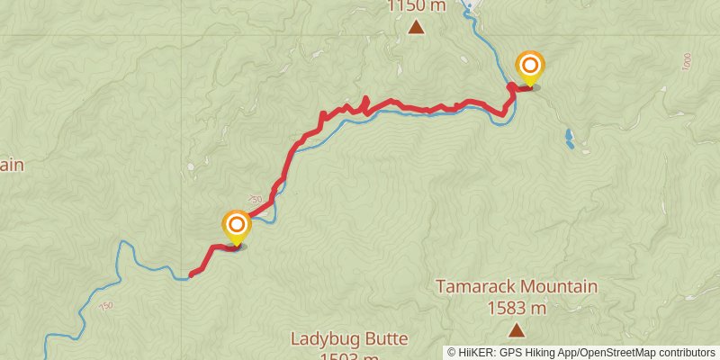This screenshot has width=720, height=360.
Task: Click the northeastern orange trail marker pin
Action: click(x=530, y=66)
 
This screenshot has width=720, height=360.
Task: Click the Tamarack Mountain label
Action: click(x=517, y=287)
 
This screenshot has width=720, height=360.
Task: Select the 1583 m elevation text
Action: click(x=517, y=309)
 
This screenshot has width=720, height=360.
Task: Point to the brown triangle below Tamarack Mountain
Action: click(x=517, y=331)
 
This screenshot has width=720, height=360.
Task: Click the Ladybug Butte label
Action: click(x=349, y=339)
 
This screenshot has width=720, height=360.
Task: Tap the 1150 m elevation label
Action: click(x=417, y=6)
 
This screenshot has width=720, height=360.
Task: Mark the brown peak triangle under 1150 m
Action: click(x=417, y=28)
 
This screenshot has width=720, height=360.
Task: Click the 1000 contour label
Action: click(x=687, y=62)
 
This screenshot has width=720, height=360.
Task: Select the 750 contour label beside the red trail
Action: click(x=255, y=199)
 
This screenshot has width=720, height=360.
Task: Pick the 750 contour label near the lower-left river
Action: click(x=107, y=307)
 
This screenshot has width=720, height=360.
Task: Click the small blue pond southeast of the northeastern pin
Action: click(x=570, y=139)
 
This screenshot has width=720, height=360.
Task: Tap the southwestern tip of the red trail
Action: click(x=191, y=274)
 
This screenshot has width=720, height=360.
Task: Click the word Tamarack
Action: click(x=479, y=287)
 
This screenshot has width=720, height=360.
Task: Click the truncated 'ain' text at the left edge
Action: click(x=10, y=165)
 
